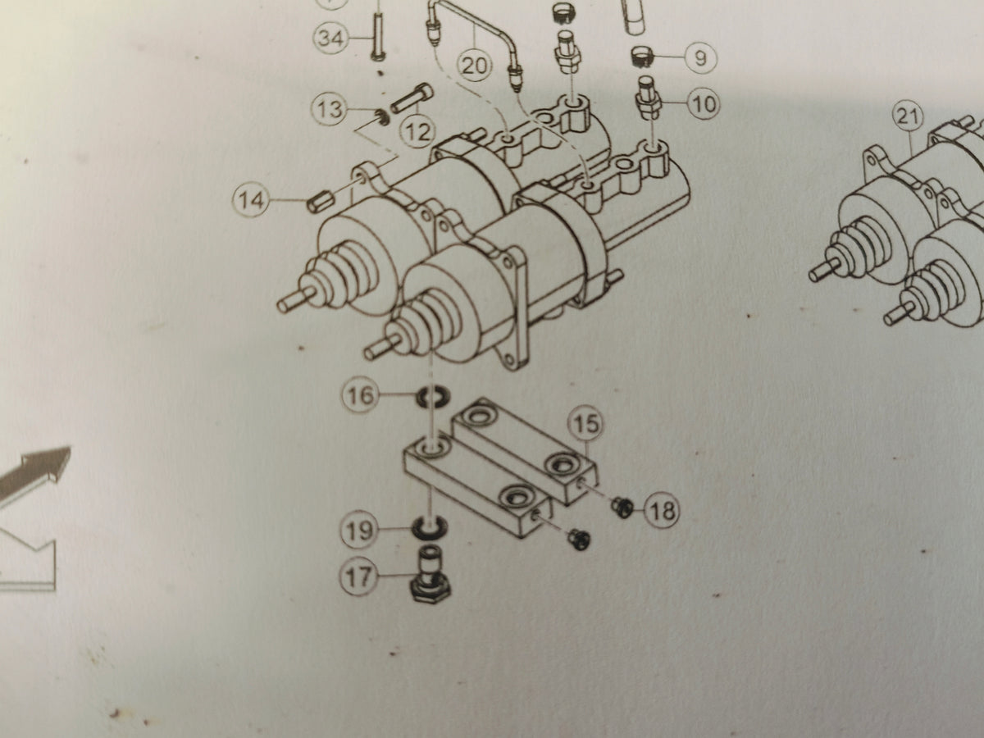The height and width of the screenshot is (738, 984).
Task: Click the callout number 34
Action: [330, 38]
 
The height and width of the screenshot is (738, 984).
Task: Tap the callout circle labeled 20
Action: [474, 66]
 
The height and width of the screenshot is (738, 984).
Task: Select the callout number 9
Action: [700, 57]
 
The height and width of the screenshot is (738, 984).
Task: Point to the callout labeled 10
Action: [704, 104]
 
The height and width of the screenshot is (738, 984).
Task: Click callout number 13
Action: [330, 109]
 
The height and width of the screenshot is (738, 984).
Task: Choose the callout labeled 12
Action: [418, 131]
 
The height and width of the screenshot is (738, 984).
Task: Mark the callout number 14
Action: [251, 200]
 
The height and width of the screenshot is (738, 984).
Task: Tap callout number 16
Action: [360, 396]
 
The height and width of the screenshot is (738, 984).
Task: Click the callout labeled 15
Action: [585, 423]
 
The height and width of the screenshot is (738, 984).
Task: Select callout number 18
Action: [662, 510]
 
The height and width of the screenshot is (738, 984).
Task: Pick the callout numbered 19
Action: [359, 531]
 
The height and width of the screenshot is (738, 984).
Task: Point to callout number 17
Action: [359, 576]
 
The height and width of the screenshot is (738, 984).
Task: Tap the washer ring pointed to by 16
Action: [433, 398]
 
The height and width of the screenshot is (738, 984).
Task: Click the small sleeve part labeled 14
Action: [320, 201]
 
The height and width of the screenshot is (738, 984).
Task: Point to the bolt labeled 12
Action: [412, 98]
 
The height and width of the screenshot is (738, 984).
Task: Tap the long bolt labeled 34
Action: [376, 35]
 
